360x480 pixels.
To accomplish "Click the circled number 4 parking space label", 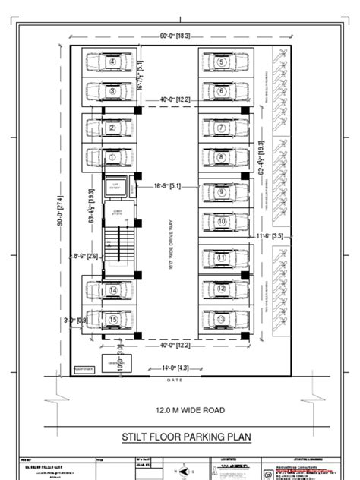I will (112, 62).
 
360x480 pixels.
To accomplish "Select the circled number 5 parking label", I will (221, 62).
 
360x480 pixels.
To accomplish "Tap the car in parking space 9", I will (221, 193).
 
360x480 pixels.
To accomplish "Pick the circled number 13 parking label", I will (221, 319).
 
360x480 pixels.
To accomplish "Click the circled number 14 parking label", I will (112, 289).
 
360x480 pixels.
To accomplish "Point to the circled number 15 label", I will (112, 319).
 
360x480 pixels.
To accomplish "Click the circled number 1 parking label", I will (112, 157).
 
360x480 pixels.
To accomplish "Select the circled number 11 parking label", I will (221, 258).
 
